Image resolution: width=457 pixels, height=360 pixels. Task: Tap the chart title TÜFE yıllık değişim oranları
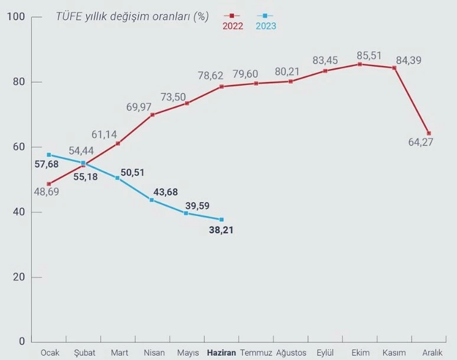[x=132, y=16]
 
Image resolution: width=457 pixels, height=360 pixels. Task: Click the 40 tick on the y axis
[x=18, y=212]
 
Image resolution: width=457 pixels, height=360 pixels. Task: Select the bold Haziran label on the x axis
[x=221, y=352]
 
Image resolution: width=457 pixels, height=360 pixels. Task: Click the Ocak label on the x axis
[x=50, y=352]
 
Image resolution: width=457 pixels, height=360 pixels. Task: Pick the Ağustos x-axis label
[x=291, y=352]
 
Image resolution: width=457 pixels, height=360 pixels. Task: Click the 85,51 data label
[x=370, y=56]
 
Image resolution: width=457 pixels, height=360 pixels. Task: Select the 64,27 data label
[x=420, y=142]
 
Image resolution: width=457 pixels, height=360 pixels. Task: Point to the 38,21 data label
[x=221, y=230]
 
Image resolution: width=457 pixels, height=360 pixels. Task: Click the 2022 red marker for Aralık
[x=429, y=133]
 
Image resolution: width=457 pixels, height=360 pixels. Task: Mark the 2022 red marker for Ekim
[x=360, y=64]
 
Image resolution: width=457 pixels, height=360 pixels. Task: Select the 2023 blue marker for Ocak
[x=49, y=155]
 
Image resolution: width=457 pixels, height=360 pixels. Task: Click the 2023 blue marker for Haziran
[x=221, y=219]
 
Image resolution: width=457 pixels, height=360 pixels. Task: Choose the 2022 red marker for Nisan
[x=152, y=114]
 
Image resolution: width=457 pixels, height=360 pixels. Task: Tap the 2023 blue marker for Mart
[x=117, y=178]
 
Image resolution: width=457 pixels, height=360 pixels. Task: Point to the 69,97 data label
[x=139, y=107]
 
